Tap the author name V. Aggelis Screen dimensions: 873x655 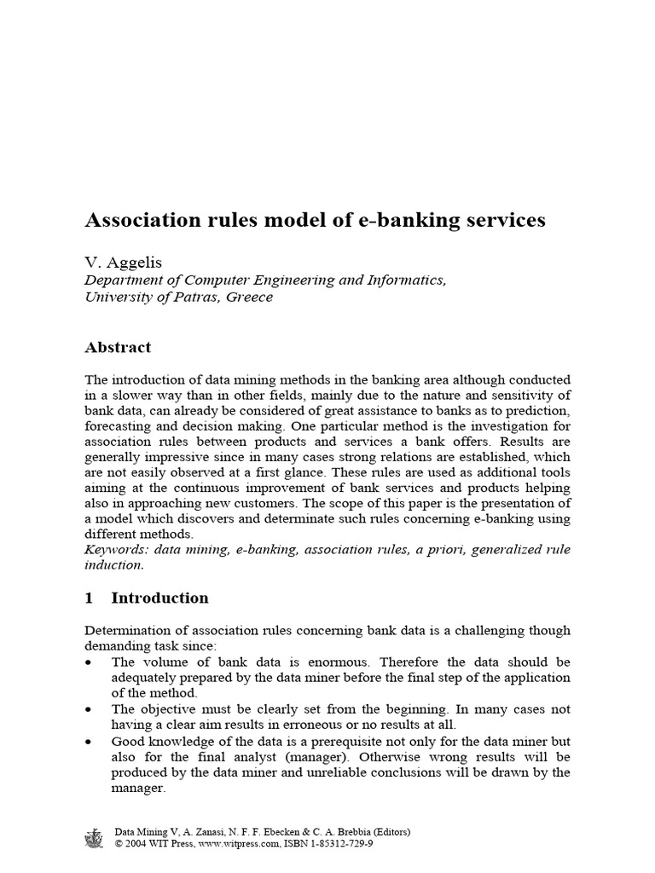pyautogui.click(x=119, y=263)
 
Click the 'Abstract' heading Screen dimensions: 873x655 pyautogui.click(x=118, y=347)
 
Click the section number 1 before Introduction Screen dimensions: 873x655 pyautogui.click(x=89, y=598)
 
